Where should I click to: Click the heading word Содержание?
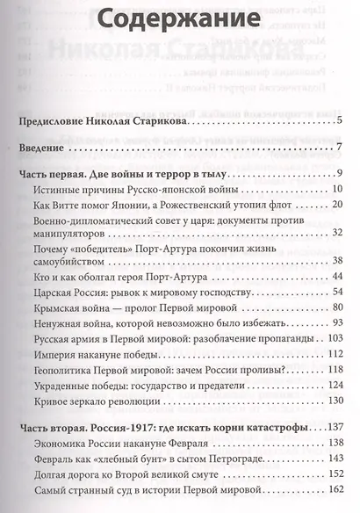178,21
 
